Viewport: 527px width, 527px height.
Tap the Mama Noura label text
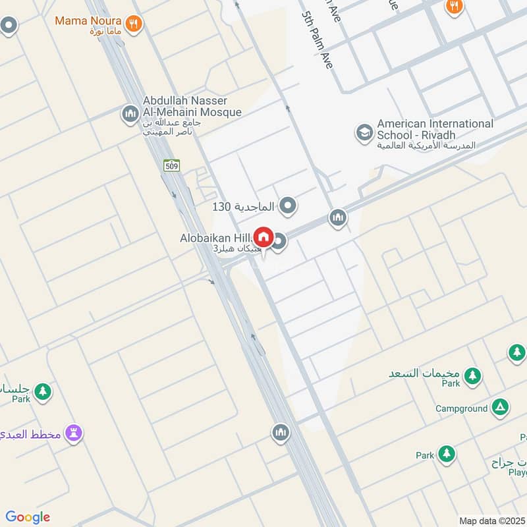pyautogui.click(x=88, y=20)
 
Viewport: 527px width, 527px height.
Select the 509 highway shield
pyautogui.click(x=172, y=166)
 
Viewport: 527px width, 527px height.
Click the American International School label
pyautogui.click(x=434, y=129)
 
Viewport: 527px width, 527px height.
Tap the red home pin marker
pyautogui.click(x=263, y=236)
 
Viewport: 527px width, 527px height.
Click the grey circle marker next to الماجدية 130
pyautogui.click(x=288, y=207)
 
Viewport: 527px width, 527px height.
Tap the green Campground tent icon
pyautogui.click(x=500, y=408)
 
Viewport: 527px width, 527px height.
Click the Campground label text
pyautogui.click(x=461, y=408)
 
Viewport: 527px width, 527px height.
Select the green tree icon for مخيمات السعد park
pyautogui.click(x=472, y=377)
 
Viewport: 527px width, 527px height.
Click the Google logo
pyautogui.click(x=28, y=517)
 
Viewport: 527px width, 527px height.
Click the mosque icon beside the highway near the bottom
pyautogui.click(x=281, y=433)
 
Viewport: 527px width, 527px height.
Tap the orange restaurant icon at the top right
pyautogui.click(x=454, y=7)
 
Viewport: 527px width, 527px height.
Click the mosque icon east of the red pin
pyautogui.click(x=338, y=218)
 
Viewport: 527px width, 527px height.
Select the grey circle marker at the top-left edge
pyautogui.click(x=9, y=26)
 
